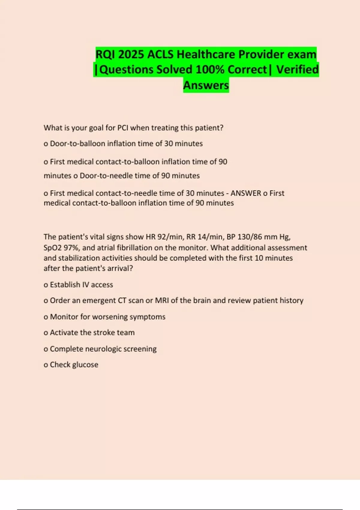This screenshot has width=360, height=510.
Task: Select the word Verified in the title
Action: [x=297, y=70]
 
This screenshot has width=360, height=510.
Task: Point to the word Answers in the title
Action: [x=206, y=85]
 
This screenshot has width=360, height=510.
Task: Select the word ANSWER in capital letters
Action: [x=246, y=193]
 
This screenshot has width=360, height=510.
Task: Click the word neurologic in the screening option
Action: [x=103, y=349]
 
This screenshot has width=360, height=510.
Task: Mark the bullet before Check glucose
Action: [x=46, y=365]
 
